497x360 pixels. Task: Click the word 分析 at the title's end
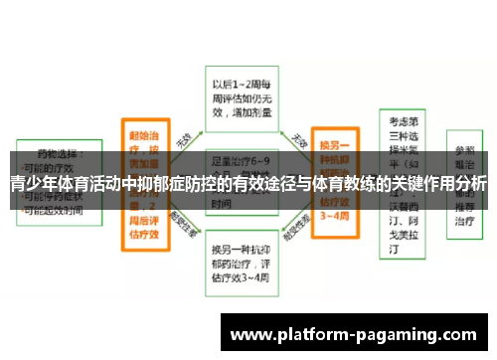click(471, 184)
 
